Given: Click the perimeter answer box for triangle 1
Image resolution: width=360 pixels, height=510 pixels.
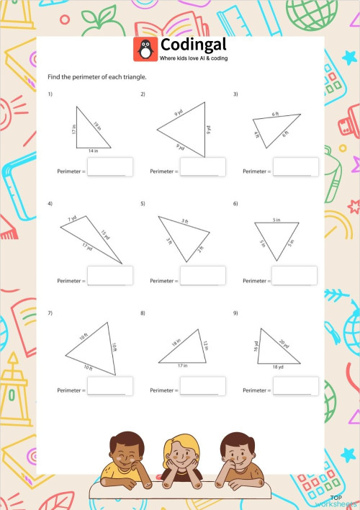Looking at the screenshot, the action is pyautogui.click(x=109, y=167).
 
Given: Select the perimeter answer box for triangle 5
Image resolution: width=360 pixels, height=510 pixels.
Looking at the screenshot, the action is pyautogui.click(x=202, y=276).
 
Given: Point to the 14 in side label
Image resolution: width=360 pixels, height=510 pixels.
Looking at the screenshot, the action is pyautogui.click(x=94, y=150).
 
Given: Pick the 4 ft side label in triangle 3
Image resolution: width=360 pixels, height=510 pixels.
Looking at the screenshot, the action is pyautogui.click(x=256, y=134).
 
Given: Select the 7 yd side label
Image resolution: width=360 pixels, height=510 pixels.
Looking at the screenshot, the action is pyautogui.click(x=72, y=218).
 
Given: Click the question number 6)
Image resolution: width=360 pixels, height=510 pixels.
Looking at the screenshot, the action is pyautogui.click(x=235, y=204).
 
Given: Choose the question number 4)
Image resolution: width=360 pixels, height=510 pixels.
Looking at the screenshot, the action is pyautogui.click(x=50, y=204).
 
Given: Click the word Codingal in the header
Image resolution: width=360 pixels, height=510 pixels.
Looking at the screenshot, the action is pyautogui.click(x=183, y=45).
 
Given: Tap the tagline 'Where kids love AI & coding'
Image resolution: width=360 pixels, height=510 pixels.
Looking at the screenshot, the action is pyautogui.click(x=193, y=58).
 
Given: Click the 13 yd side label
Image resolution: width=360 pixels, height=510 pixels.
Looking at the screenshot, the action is pyautogui.click(x=105, y=234).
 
